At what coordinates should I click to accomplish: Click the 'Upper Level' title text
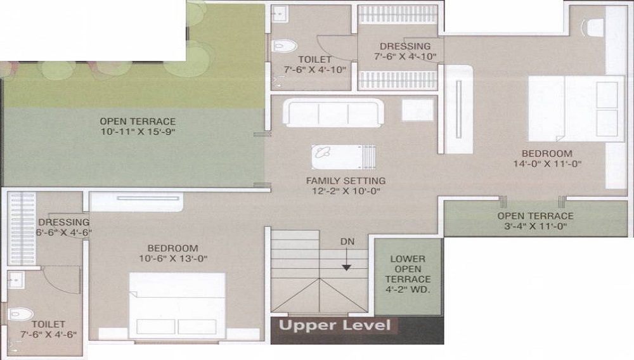point(335,325)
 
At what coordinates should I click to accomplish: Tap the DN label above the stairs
point(347,241)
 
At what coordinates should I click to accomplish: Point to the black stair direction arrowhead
point(347,267)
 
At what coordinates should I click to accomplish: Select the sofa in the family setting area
point(333,113)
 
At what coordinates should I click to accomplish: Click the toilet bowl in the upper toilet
point(285,45)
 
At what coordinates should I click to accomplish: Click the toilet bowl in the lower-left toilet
point(21,314)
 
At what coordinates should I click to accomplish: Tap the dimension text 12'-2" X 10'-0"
point(346,191)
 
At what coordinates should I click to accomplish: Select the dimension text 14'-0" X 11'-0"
point(547,164)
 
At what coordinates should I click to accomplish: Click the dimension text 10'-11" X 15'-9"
point(138,132)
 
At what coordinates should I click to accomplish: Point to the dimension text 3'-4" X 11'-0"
point(535,226)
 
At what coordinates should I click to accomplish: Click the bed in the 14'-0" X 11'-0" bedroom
point(576,108)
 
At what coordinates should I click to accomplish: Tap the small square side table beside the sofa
point(418,110)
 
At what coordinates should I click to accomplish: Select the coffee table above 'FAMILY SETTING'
point(344,157)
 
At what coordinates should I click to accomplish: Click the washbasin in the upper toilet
point(279,14)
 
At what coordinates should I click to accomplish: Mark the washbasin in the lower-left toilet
point(16,280)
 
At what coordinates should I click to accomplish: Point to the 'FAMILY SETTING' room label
point(346,181)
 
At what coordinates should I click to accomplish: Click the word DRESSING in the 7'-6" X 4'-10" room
point(405,46)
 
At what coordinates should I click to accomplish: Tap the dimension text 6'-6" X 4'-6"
point(64,233)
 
